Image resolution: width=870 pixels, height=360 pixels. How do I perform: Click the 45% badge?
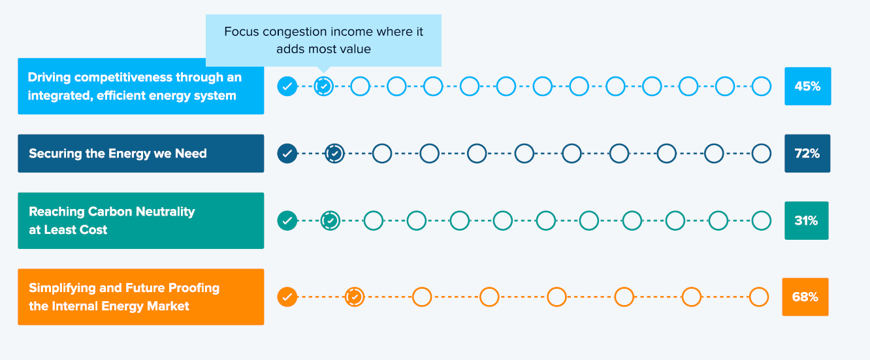(807, 86)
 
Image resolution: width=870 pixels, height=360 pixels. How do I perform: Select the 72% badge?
(807, 154)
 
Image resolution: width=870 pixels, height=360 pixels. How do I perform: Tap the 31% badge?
(806, 221)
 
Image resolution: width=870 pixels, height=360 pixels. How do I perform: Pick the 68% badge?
(805, 297)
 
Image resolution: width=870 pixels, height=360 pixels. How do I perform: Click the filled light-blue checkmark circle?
(287, 86)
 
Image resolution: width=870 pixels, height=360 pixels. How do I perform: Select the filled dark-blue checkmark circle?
(287, 154)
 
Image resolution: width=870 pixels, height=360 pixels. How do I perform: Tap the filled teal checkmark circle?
(287, 221)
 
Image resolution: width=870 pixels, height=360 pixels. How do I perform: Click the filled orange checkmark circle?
(287, 297)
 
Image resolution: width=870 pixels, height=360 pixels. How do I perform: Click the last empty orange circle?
(759, 287)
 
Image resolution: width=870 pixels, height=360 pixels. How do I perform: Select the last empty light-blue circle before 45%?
(762, 77)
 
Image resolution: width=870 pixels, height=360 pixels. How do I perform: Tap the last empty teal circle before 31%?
(762, 211)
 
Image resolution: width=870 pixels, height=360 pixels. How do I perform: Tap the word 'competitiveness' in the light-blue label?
(123, 78)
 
